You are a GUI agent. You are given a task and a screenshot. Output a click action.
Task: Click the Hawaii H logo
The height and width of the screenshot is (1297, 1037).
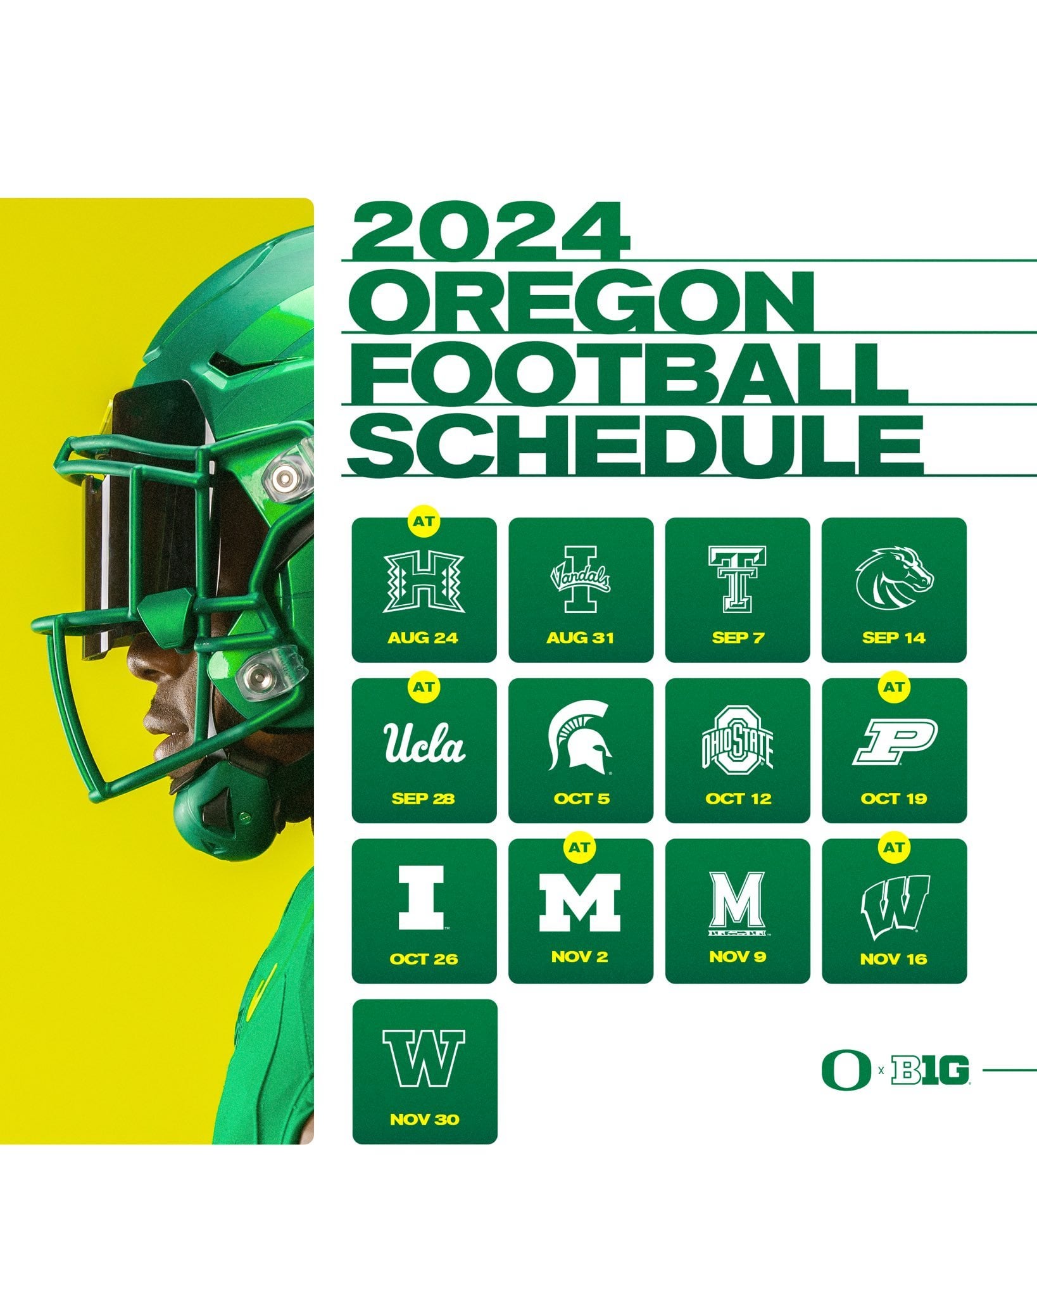[x=424, y=581]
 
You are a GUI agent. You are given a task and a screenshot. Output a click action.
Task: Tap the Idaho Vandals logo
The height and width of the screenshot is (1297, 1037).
[x=580, y=579]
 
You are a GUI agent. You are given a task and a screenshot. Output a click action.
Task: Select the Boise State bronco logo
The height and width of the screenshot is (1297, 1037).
[x=894, y=576]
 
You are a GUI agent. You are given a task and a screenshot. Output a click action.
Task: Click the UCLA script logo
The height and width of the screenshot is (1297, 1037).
[x=424, y=742]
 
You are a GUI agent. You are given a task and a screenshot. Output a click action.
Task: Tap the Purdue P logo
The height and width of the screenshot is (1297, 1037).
[x=894, y=742]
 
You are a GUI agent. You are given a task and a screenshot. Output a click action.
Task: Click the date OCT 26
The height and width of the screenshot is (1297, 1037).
[x=424, y=959]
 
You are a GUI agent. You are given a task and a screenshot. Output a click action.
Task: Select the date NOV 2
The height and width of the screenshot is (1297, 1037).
[x=580, y=956]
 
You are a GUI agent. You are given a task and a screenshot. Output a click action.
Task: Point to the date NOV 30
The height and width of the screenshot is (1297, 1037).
[x=424, y=1119]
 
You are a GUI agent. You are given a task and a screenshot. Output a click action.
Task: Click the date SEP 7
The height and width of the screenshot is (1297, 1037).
[x=737, y=637]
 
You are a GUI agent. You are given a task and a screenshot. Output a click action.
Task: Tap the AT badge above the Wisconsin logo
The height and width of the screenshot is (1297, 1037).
[x=894, y=847]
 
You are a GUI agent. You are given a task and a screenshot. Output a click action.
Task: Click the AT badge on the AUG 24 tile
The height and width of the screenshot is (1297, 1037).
[x=424, y=521]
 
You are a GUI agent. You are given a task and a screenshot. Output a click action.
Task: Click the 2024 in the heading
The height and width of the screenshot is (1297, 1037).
[x=491, y=232]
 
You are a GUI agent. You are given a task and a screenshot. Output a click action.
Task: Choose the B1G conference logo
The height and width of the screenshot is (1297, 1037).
[x=929, y=1071]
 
